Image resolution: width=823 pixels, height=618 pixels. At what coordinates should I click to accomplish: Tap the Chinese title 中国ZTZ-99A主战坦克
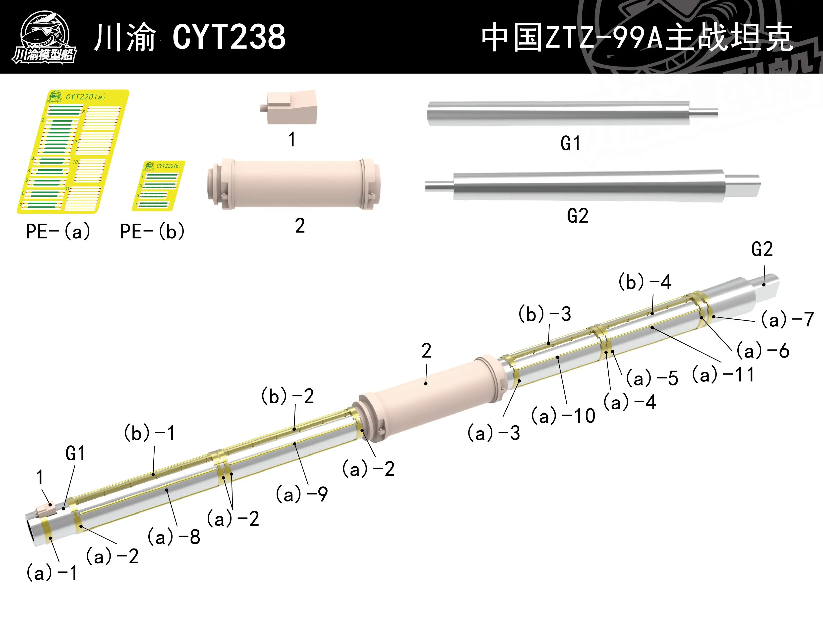coord(637,37)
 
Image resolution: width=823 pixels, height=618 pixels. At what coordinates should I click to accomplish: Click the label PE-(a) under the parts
coord(58,231)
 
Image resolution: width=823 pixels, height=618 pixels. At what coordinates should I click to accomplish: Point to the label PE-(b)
coord(152,231)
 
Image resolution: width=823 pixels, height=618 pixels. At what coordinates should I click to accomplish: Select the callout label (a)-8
coord(174,537)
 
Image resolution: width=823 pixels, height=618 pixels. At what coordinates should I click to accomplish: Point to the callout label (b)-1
coord(149,433)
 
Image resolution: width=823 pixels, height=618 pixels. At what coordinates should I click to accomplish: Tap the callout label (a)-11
coord(723,375)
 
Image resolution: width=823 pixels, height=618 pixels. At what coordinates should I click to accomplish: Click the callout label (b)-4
coord(645,282)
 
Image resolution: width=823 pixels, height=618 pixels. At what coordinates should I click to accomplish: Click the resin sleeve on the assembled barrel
coord(428,398)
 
